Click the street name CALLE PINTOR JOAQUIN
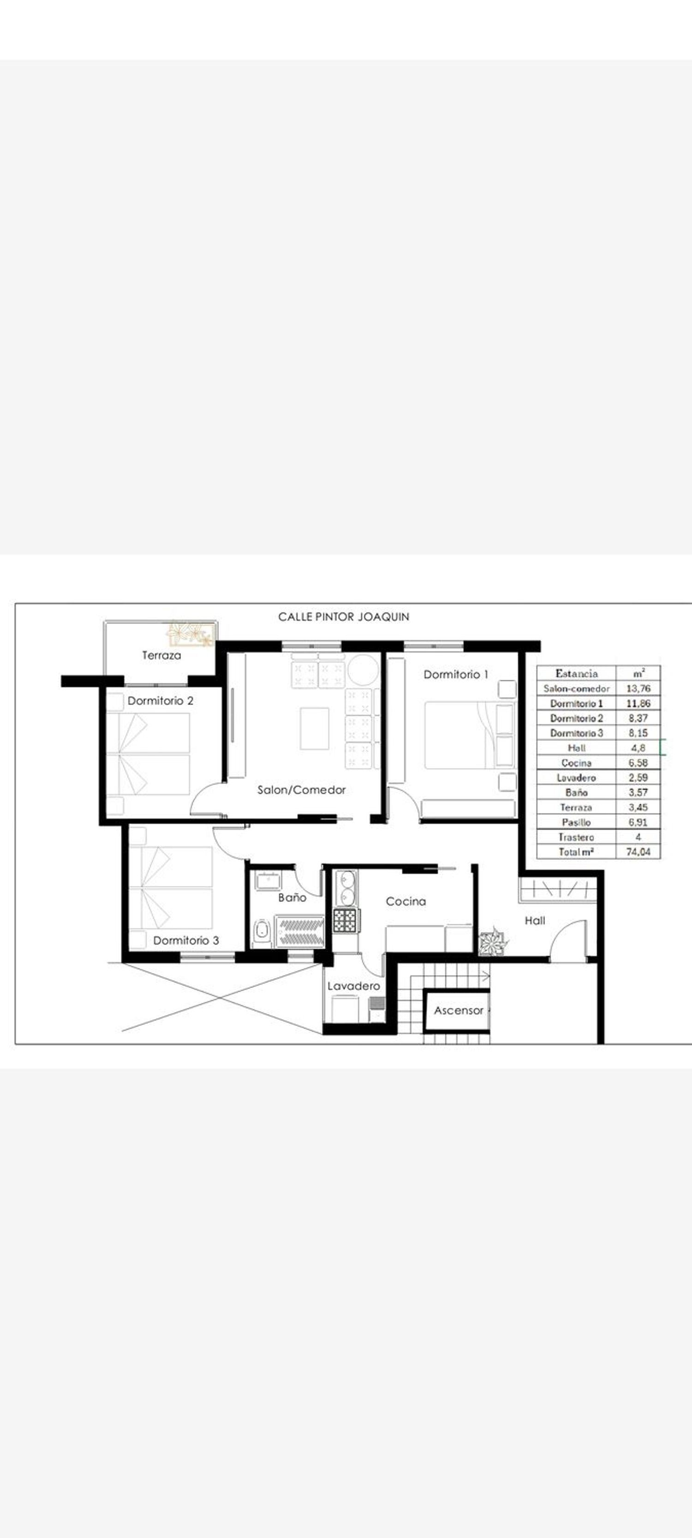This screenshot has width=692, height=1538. click(344, 617)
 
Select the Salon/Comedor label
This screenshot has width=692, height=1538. click(302, 790)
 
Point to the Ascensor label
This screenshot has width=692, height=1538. click(459, 1010)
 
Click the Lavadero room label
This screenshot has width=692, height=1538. click(353, 986)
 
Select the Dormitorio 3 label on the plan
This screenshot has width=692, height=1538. click(186, 940)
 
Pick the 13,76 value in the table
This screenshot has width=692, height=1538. click(638, 688)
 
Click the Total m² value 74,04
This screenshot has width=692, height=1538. click(638, 852)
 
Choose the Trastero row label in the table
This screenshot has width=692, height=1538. click(576, 837)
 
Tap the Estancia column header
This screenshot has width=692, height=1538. click(576, 673)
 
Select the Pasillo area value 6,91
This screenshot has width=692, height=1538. click(638, 822)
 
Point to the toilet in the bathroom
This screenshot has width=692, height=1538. click(261, 933)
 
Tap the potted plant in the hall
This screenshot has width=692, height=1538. click(494, 941)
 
